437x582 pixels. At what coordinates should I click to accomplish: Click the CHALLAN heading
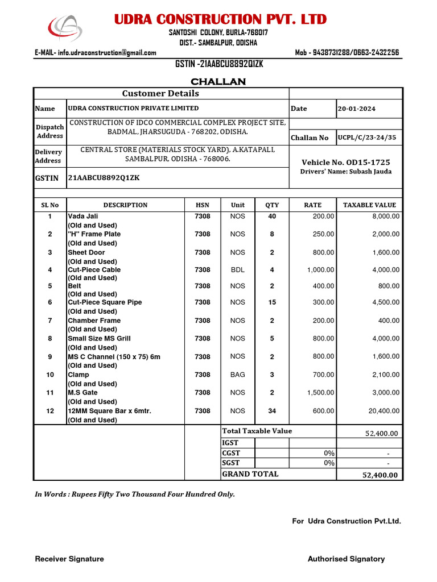pyautogui.click(x=218, y=82)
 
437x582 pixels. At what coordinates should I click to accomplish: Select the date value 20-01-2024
pyautogui.click(x=356, y=109)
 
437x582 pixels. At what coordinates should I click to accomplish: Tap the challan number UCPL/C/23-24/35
pyautogui.click(x=366, y=138)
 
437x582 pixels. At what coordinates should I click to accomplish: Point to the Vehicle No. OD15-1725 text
pyautogui.click(x=345, y=163)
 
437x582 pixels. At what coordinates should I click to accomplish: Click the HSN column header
pyautogui.click(x=202, y=205)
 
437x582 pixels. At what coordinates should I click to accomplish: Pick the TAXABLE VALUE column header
pyautogui.click(x=369, y=205)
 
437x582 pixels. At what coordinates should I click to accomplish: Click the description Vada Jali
pyautogui.click(x=83, y=217)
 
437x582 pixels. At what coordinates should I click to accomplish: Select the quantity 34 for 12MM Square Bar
pyautogui.click(x=272, y=411)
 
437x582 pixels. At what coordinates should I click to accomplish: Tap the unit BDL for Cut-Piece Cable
pyautogui.click(x=237, y=270)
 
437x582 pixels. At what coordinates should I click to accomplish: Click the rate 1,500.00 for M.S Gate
pyautogui.click(x=320, y=393)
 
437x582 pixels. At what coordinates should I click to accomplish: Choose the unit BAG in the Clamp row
pyautogui.click(x=237, y=375)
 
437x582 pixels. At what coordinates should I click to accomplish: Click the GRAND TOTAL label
pyautogui.click(x=250, y=474)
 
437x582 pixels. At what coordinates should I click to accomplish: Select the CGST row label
pyautogui.click(x=231, y=453)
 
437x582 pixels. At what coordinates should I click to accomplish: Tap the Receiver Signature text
pyautogui.click(x=69, y=559)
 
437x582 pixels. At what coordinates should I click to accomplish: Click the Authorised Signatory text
pyautogui.click(x=346, y=559)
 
